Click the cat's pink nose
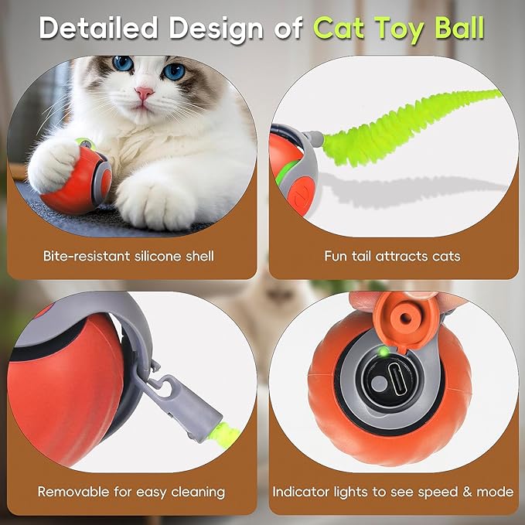click(x=145, y=94)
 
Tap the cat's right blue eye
click(x=174, y=70)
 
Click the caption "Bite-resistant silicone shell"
click(x=129, y=256)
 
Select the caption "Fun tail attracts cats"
click(x=393, y=256)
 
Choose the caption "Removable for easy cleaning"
click(x=131, y=491)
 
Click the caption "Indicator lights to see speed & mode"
click(x=393, y=491)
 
